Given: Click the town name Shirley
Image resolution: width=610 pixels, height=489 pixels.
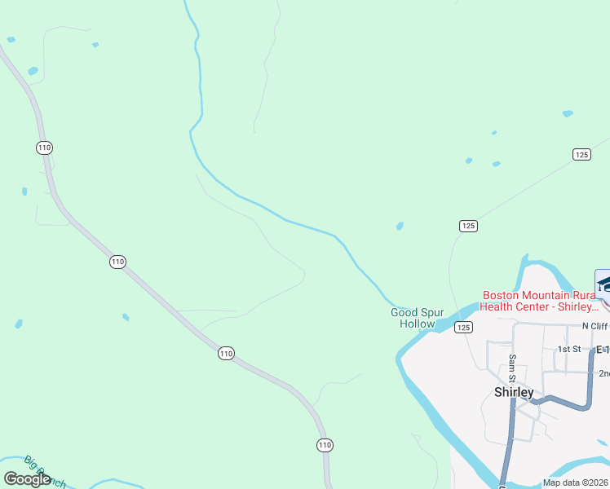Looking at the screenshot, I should click(514, 392).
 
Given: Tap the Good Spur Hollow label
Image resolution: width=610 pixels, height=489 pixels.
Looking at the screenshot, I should click(417, 318).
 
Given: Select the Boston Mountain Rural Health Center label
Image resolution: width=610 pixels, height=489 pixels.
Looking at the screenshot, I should click(541, 301).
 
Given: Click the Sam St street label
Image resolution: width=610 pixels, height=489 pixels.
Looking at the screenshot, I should click(512, 368).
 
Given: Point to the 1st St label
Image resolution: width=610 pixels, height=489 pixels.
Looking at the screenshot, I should click(568, 349).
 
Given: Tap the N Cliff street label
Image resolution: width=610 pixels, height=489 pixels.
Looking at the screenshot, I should click(595, 326).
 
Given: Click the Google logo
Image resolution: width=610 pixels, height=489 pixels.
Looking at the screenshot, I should click(27, 479).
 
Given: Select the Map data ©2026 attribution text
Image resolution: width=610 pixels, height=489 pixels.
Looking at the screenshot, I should click(576, 482).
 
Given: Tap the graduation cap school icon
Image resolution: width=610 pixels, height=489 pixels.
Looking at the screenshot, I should click(604, 283).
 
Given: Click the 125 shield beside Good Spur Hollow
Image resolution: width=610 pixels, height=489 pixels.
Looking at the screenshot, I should click(463, 328).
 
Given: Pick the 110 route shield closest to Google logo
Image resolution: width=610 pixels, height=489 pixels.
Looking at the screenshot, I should click(325, 445).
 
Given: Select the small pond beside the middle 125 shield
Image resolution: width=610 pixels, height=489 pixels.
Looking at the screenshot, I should click(400, 226).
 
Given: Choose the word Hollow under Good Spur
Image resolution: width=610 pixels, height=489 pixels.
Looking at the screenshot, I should click(417, 324).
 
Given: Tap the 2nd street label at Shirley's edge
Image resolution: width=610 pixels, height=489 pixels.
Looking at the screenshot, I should click(603, 373).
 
